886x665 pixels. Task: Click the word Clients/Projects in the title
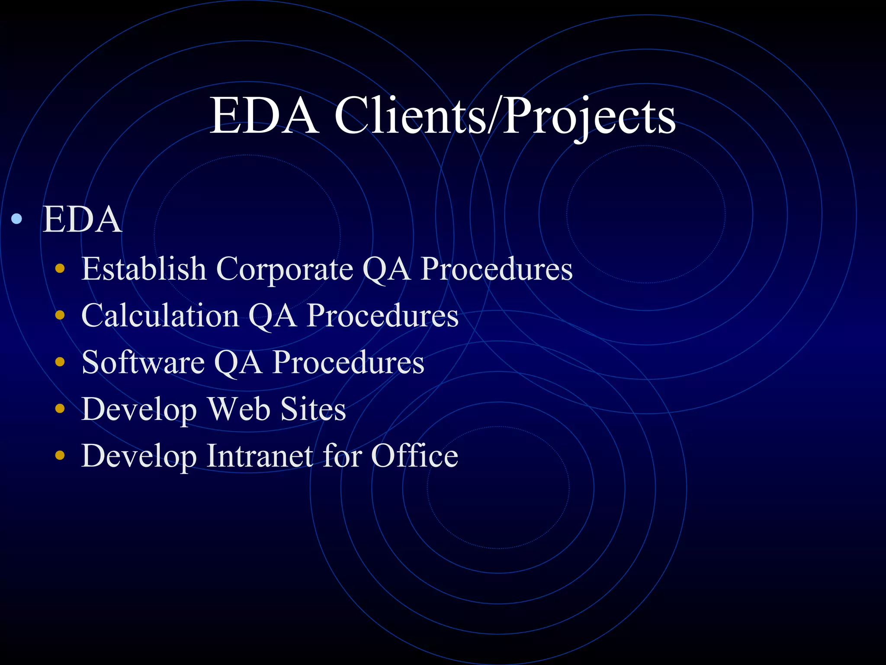coord(504,116)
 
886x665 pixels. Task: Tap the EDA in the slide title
coord(263,116)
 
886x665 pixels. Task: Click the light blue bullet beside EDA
coord(17,219)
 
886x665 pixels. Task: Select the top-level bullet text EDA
coord(82,220)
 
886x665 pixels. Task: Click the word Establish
coord(144,269)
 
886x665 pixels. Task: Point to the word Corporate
coord(284,269)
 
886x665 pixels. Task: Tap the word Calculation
coord(160,316)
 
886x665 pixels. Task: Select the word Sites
coord(313,409)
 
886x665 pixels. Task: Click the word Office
coord(414,455)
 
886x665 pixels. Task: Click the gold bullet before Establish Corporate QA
coord(60,269)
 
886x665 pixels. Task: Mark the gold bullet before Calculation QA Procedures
coord(60,316)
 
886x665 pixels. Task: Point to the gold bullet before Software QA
coord(60,362)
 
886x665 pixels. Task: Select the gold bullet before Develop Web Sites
coord(60,409)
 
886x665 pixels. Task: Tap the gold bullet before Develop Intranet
coord(60,455)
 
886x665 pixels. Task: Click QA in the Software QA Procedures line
coord(238,363)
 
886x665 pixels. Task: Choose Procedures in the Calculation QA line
coord(382,316)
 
